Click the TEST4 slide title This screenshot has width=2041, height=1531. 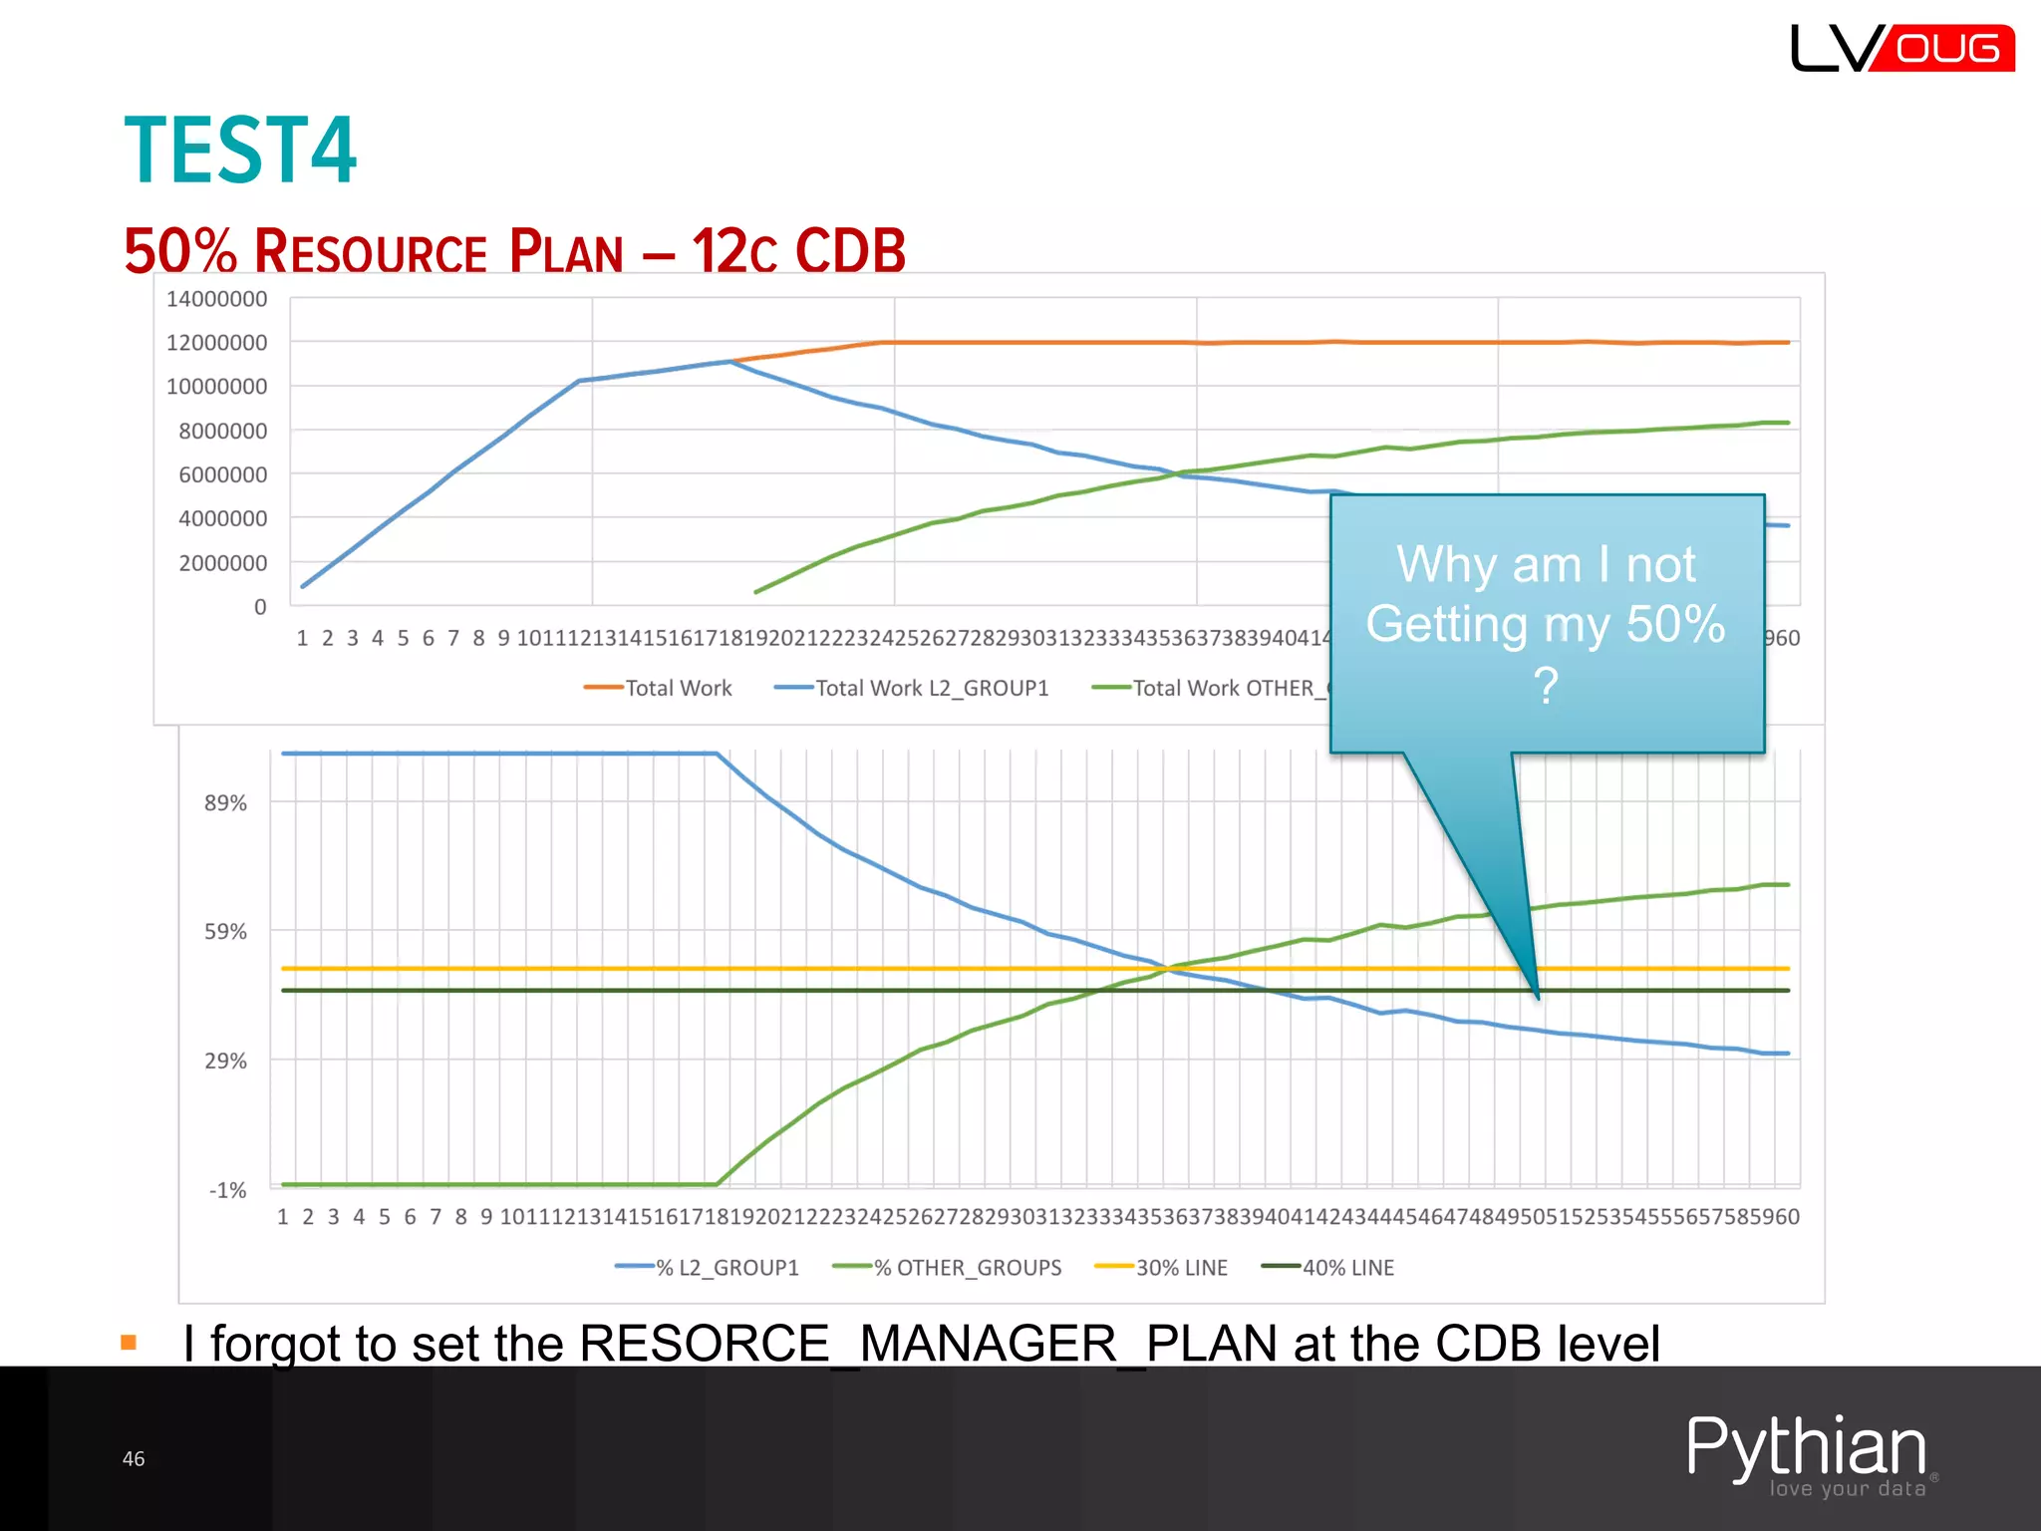(240, 151)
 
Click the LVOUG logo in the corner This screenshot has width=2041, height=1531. (1901, 48)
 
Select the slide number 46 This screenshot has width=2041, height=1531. (134, 1459)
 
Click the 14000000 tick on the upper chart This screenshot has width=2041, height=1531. (216, 299)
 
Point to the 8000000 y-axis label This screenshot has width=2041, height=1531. (222, 431)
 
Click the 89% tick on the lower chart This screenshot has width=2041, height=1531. (225, 803)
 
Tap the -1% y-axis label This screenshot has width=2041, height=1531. (227, 1190)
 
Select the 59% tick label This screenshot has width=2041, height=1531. (225, 932)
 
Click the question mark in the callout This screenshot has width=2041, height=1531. (1546, 687)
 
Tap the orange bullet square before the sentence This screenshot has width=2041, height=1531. (129, 1343)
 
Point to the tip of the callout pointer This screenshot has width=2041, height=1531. (1538, 997)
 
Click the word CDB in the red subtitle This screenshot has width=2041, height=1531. (850, 251)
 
